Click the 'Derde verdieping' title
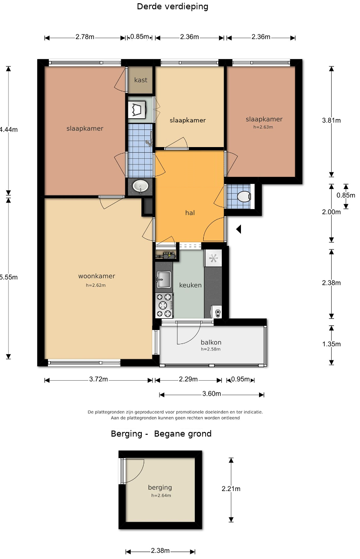pos(173,7)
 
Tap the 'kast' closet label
pos(140,80)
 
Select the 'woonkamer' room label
pos(96,276)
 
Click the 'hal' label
pos(190,213)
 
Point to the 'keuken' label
pos(190,285)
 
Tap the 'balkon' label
pos(211,342)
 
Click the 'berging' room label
pos(160,487)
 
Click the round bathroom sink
pos(140,186)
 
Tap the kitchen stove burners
pos(164,305)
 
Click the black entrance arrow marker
pos(239,229)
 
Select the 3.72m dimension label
pos(99,379)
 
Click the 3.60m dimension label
pos(212,394)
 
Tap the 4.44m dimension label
pos(8,129)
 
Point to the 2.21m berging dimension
pos(231,489)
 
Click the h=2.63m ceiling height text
pos(263,127)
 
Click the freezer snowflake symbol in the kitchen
pos(213,258)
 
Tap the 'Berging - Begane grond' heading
pos(161,434)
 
